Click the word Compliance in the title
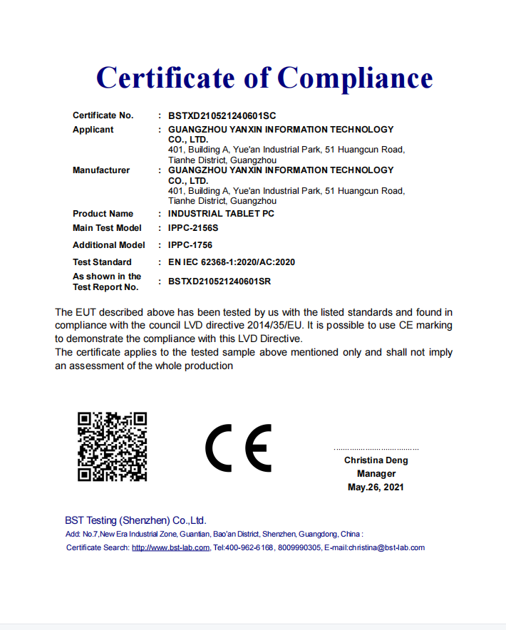click(354, 78)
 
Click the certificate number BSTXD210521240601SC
click(222, 115)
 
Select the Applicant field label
click(93, 130)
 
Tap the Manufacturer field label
click(101, 170)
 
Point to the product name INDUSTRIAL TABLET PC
click(221, 214)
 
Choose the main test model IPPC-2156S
click(193, 228)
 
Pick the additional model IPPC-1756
click(190, 245)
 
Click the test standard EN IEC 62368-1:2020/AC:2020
click(232, 262)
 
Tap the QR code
click(112, 446)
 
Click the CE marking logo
click(238, 448)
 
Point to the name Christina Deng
click(376, 460)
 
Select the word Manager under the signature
click(376, 474)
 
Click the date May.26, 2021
click(376, 487)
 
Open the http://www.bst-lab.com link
click(170, 548)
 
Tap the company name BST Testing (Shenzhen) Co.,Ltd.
click(135, 521)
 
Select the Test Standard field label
click(102, 262)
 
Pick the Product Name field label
click(103, 214)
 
